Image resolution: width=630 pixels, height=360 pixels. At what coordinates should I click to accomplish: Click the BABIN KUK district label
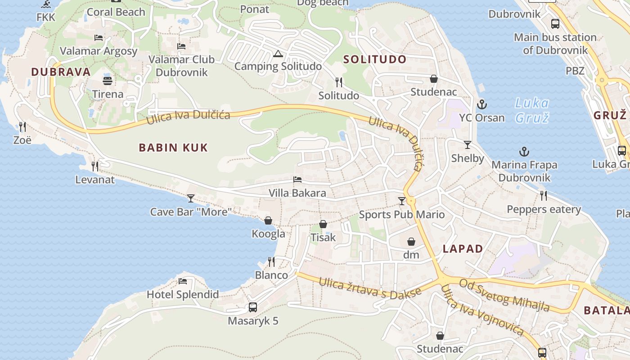[173, 148]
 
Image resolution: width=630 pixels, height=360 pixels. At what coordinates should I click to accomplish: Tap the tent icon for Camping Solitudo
[278, 54]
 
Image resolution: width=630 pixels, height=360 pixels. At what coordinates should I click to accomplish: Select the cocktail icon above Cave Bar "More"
[191, 198]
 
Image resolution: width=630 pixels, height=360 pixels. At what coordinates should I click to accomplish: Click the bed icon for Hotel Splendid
[183, 281]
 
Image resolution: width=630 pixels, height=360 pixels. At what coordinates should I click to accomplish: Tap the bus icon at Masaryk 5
[253, 307]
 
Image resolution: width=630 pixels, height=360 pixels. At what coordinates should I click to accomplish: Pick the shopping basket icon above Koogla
[268, 220]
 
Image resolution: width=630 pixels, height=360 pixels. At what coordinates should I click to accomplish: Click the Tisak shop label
[323, 237]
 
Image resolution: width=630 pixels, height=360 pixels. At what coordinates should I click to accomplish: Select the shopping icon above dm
[411, 242]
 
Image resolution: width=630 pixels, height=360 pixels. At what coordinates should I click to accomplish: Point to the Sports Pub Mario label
[402, 215]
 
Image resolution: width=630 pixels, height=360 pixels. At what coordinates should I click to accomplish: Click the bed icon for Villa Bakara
[297, 180]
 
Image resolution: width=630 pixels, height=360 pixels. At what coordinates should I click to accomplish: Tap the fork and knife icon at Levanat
[95, 166]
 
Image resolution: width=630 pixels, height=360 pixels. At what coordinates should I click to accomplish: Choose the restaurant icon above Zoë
[22, 126]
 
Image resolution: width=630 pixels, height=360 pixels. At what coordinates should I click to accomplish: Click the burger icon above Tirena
[108, 81]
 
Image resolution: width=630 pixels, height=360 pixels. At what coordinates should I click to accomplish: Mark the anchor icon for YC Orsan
[482, 104]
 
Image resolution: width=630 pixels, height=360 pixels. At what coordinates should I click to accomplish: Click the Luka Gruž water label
[532, 111]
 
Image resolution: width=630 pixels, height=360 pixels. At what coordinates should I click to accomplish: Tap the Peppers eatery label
[544, 209]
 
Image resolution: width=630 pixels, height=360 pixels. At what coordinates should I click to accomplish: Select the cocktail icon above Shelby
[468, 145]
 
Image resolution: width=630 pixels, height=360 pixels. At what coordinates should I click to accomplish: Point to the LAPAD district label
[463, 249]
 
